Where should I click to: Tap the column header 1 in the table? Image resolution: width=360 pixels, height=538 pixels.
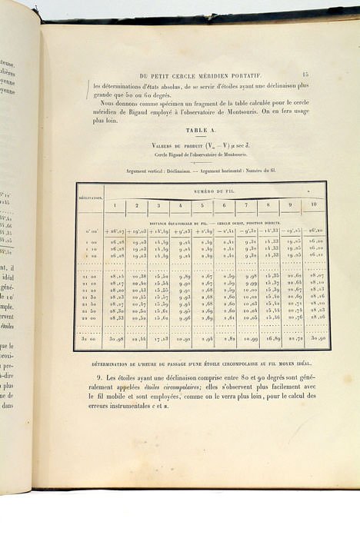[x=115, y=205]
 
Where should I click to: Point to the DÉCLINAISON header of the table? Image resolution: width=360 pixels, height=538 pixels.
[x=90, y=198]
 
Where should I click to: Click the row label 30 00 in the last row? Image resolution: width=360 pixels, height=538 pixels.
[x=90, y=338]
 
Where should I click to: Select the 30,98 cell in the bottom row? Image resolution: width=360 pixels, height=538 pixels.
[x=115, y=338]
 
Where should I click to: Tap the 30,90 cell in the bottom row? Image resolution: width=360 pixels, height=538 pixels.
[x=316, y=338]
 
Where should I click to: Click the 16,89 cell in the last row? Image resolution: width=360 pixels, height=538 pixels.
[x=273, y=338]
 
